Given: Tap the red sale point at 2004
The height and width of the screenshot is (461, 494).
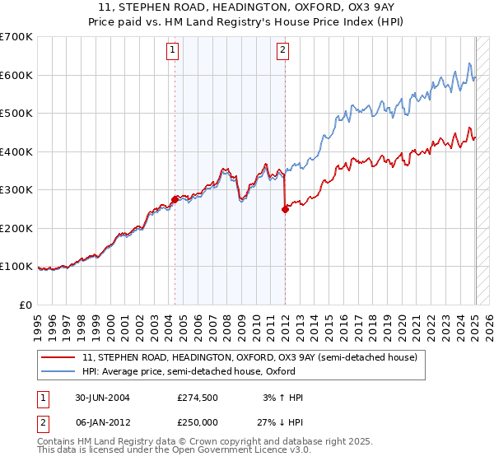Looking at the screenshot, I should pyautogui.click(x=175, y=199).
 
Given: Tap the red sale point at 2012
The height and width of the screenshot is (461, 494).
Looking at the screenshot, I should pyautogui.click(x=285, y=209).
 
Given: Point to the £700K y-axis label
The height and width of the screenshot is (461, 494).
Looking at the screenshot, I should pyautogui.click(x=16, y=37).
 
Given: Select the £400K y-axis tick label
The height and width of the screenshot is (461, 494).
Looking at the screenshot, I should pyautogui.click(x=16, y=151).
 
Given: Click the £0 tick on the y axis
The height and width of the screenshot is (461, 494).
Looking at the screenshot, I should pyautogui.click(x=27, y=305).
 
